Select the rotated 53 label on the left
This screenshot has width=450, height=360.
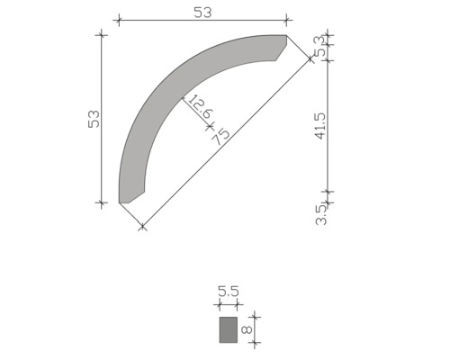[x=94, y=119]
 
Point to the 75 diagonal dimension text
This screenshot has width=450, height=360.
[x=220, y=135]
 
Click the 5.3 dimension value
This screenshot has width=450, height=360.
[x=319, y=44]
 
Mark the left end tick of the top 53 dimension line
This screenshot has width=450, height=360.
[x=119, y=19]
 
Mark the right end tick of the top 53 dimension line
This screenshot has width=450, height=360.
[x=287, y=19]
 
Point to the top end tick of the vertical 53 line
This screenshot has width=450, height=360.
[x=102, y=35]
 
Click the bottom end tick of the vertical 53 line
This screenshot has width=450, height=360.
[x=102, y=203]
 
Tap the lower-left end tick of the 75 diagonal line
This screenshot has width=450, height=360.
[x=141, y=227]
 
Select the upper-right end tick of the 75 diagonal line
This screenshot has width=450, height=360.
[x=310, y=58]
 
